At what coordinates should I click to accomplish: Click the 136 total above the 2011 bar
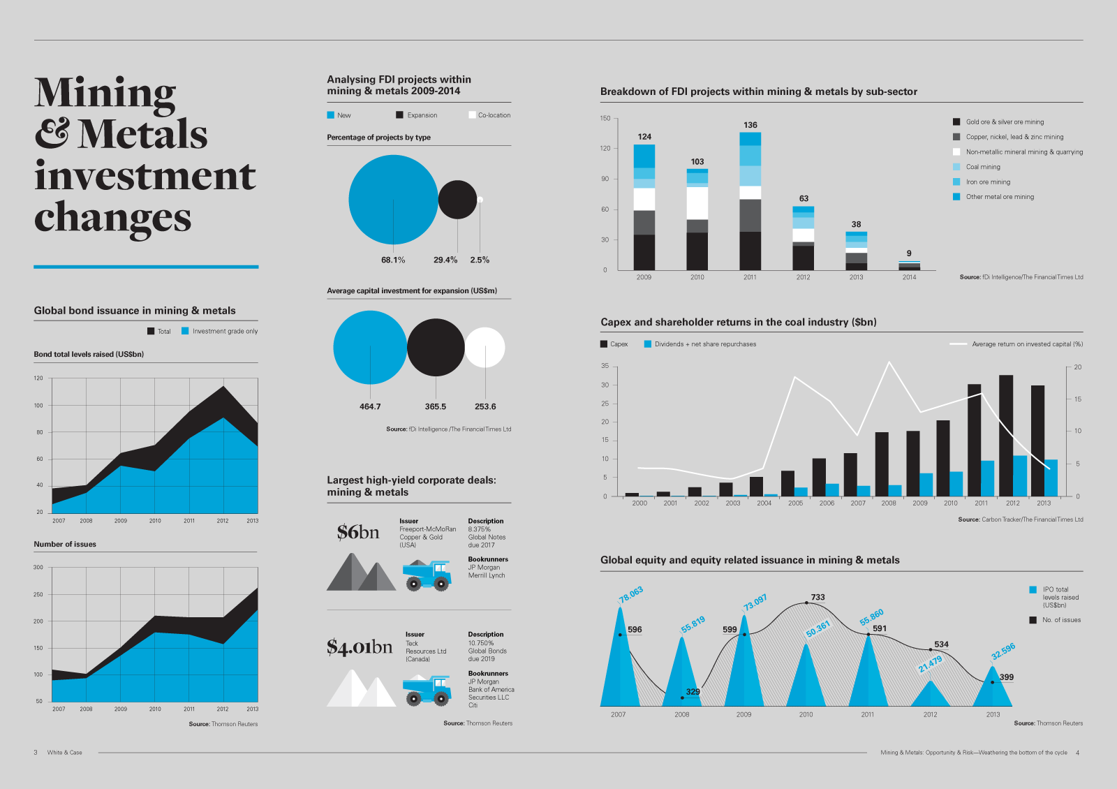click(750, 125)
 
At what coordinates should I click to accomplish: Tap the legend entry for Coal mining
click(982, 167)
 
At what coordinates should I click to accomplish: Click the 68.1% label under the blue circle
click(393, 260)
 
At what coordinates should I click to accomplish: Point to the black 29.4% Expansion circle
click(457, 200)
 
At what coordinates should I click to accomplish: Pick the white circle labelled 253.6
click(484, 348)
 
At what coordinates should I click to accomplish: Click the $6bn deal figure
click(357, 532)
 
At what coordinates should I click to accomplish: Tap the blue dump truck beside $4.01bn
click(427, 690)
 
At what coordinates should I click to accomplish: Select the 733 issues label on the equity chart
click(818, 597)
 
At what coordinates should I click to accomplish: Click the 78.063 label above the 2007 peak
click(630, 594)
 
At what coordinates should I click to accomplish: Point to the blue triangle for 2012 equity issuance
click(930, 694)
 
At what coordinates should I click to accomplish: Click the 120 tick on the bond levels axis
click(38, 378)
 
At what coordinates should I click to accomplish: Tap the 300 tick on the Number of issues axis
click(38, 568)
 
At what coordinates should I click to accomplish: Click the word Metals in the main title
click(143, 134)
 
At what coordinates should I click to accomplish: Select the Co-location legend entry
click(494, 115)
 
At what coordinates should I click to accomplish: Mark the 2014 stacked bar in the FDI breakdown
click(909, 266)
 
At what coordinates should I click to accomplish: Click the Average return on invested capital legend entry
click(1026, 344)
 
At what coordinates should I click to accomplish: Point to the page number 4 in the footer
click(1077, 753)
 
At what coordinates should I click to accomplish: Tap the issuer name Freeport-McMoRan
click(427, 529)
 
